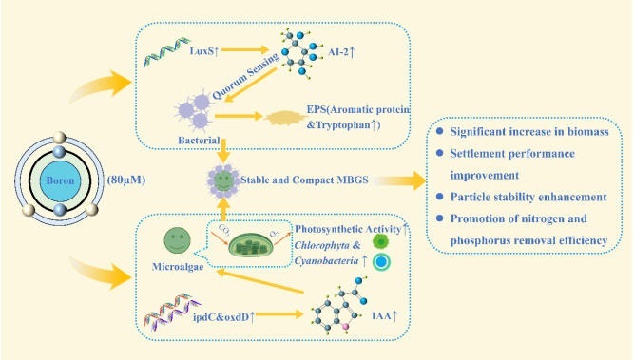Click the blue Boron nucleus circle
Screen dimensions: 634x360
click(60, 180)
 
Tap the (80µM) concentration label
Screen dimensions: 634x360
click(126, 180)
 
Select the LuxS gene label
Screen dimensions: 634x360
click(204, 51)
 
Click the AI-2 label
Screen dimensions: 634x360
click(341, 51)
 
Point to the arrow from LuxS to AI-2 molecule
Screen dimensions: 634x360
click(245, 49)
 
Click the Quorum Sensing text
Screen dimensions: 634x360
click(246, 76)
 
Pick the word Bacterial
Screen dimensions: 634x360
click(199, 141)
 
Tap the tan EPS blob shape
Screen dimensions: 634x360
click(286, 118)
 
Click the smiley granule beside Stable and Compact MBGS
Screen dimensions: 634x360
click(223, 180)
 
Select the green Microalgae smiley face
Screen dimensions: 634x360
click(177, 240)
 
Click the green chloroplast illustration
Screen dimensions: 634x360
click(251, 245)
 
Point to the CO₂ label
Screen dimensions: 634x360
click(224, 230)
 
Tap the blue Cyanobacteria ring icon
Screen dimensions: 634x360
click(381, 262)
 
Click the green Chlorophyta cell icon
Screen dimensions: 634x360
click(380, 241)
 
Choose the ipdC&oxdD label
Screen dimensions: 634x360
click(223, 317)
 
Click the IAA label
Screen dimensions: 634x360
click(385, 315)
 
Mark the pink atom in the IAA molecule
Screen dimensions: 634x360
click(345, 326)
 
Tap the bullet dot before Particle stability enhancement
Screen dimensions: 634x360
click(440, 197)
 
